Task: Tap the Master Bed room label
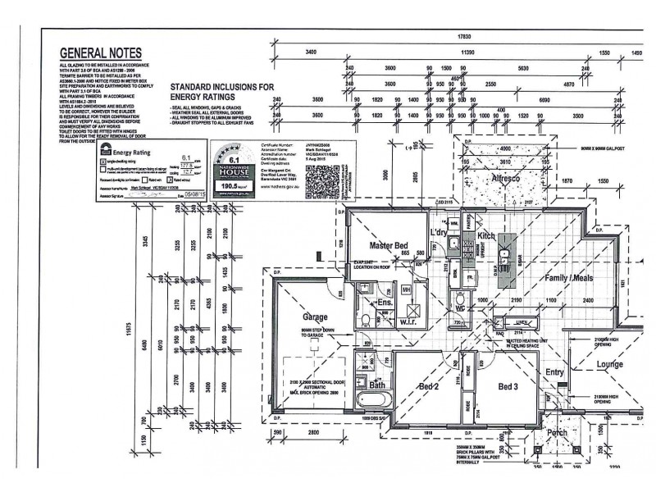(x=389, y=246)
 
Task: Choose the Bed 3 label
(x=508, y=385)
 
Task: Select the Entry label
(x=555, y=372)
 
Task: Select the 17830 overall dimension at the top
(x=464, y=37)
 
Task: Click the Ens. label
(x=381, y=303)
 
